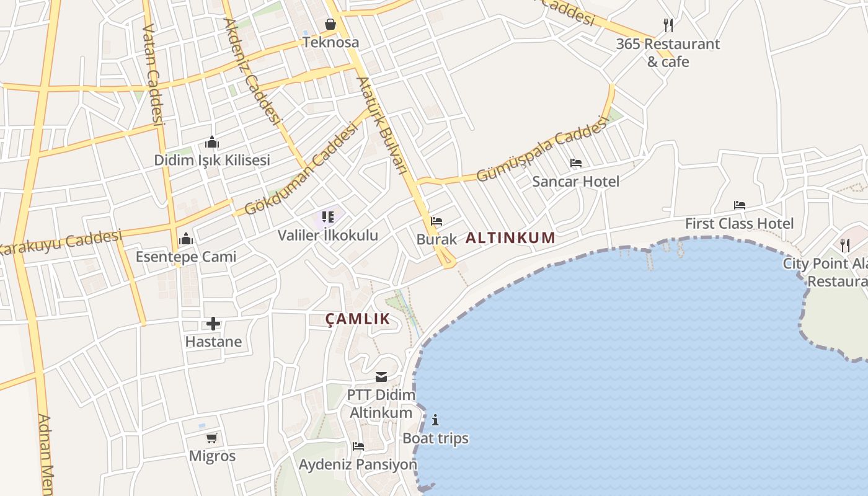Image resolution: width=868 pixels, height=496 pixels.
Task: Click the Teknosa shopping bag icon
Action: (x=330, y=24)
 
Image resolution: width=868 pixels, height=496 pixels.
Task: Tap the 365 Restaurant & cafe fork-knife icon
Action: (x=668, y=25)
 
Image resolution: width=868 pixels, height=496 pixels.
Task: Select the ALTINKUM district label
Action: (x=510, y=237)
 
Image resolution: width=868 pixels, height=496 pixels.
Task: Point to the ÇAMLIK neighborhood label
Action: (x=358, y=319)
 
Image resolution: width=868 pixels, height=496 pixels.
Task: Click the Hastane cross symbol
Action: (x=213, y=324)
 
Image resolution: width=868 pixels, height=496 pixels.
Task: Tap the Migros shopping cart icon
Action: (x=212, y=438)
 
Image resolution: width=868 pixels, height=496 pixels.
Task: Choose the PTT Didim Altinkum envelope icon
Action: (x=381, y=377)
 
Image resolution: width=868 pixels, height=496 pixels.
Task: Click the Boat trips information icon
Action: (x=435, y=420)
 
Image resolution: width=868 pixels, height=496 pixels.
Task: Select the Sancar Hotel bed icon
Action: (x=576, y=164)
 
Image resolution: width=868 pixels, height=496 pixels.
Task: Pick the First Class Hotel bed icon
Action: (x=739, y=205)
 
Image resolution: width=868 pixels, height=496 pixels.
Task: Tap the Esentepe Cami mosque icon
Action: (x=186, y=239)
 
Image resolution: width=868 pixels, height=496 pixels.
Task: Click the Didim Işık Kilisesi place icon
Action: (x=212, y=143)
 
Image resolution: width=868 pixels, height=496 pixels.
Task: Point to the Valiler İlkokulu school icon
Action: (x=328, y=217)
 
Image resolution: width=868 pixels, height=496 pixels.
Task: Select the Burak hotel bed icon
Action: (x=436, y=221)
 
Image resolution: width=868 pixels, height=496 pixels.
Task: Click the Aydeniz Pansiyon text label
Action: (x=358, y=464)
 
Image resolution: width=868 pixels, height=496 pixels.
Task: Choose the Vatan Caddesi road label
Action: (x=153, y=74)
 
